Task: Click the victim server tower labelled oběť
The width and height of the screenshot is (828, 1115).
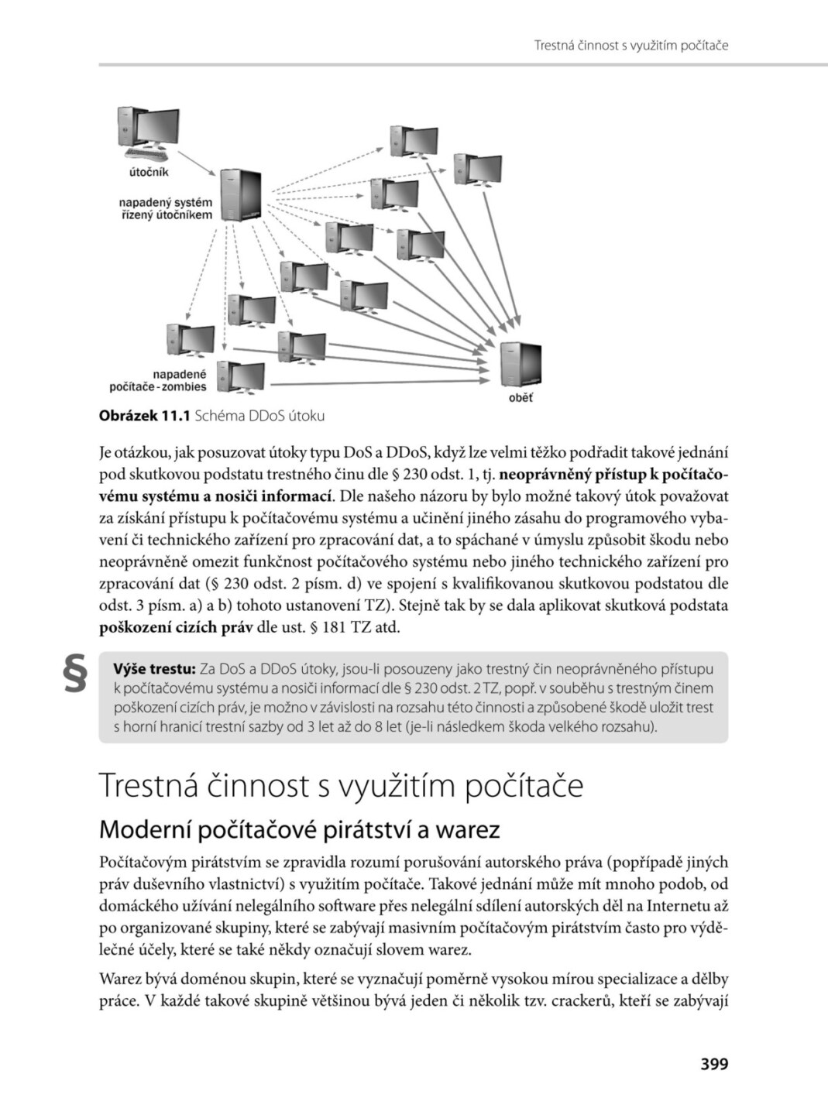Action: point(520,364)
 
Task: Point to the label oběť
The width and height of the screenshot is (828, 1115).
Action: point(520,398)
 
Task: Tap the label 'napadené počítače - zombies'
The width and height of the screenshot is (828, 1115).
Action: point(159,380)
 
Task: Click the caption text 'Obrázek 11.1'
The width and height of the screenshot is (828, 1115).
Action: point(144,417)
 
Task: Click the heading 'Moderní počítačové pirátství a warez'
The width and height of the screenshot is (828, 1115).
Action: point(300,829)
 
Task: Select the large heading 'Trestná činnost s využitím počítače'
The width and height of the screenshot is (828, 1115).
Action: point(342,785)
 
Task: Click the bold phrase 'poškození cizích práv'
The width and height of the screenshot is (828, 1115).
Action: point(176,627)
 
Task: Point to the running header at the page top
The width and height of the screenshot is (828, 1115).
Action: point(631,46)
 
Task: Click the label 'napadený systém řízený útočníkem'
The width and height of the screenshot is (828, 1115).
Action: point(165,208)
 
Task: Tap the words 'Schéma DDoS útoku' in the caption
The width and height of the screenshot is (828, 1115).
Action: point(259,417)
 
